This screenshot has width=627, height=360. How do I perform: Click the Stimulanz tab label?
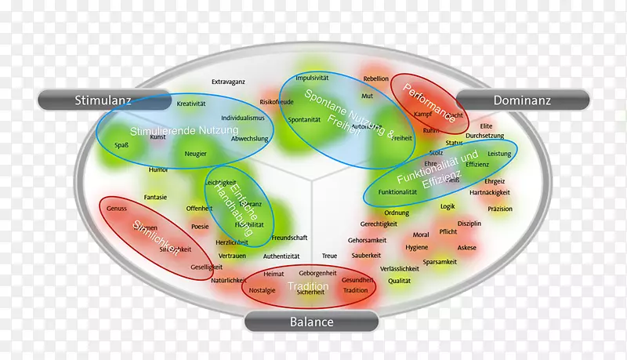103,100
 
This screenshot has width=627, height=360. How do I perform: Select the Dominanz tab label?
523,100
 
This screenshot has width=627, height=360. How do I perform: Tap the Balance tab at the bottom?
312,322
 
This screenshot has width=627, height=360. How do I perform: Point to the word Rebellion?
375,78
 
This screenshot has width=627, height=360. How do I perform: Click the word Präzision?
499,209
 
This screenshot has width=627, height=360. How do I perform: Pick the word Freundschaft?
289,237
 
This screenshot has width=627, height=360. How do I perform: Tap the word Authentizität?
281,256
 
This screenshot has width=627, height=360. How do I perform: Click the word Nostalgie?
262,289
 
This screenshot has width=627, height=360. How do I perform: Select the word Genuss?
116,209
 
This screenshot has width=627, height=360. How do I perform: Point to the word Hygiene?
417,247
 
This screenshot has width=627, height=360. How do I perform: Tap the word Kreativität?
190,104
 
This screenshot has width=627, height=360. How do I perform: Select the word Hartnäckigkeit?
490,192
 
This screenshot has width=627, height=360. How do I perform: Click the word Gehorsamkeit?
368,239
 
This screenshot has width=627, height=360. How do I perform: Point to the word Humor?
158,169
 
